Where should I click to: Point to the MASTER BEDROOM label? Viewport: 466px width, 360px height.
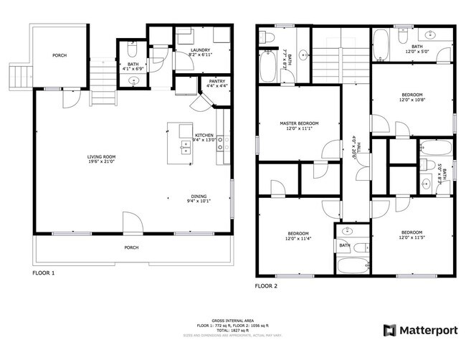click(x=299, y=123)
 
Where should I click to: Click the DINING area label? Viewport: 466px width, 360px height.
click(x=199, y=197)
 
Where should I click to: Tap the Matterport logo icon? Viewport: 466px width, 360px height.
click(x=390, y=331)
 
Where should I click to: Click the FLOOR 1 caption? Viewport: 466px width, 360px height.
click(x=43, y=273)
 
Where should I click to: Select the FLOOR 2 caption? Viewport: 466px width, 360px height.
click(x=266, y=285)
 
